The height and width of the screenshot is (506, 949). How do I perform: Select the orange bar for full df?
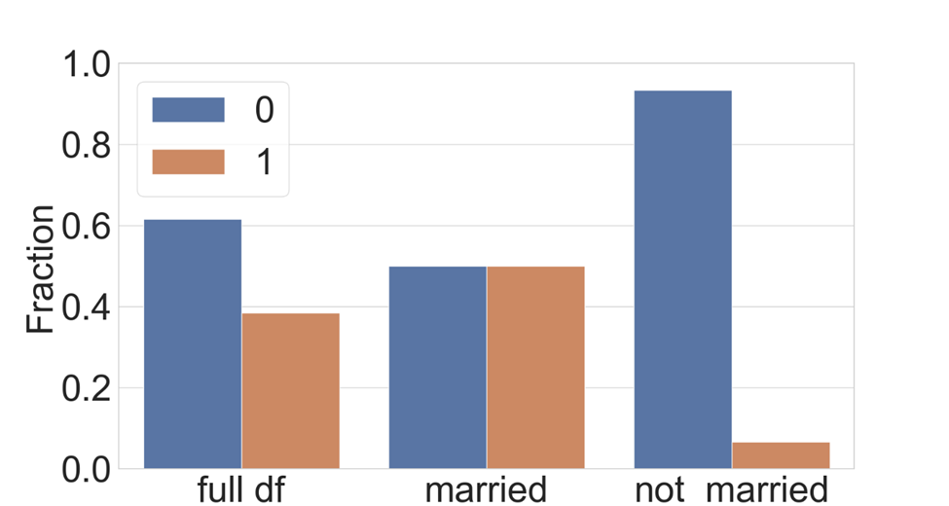click(x=290, y=390)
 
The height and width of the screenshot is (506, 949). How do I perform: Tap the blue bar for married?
click(x=437, y=367)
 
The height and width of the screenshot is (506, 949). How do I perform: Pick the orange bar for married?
click(x=535, y=367)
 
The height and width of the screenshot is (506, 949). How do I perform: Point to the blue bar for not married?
click(x=682, y=279)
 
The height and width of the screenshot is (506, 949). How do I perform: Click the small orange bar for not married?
click(x=781, y=455)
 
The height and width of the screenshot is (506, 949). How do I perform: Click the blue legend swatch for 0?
click(x=188, y=110)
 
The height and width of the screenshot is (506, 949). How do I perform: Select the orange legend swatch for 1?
click(x=188, y=162)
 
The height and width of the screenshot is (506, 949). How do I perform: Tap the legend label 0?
click(x=264, y=110)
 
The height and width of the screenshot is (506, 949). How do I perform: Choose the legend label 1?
click(x=264, y=162)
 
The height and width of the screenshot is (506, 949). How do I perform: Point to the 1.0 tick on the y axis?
click(x=85, y=65)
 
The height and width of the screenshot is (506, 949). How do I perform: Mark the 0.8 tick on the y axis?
click(x=85, y=146)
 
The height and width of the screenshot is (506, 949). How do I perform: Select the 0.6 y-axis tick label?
click(x=85, y=227)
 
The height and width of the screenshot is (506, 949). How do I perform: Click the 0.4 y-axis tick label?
click(x=85, y=307)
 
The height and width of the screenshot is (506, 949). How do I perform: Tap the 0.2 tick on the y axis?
click(x=85, y=389)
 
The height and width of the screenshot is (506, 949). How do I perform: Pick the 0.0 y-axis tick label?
click(x=85, y=470)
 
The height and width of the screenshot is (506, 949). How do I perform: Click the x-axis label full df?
click(x=240, y=488)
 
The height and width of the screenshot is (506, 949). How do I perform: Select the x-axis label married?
click(x=486, y=488)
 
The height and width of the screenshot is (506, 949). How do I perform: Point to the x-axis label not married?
click(x=731, y=488)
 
